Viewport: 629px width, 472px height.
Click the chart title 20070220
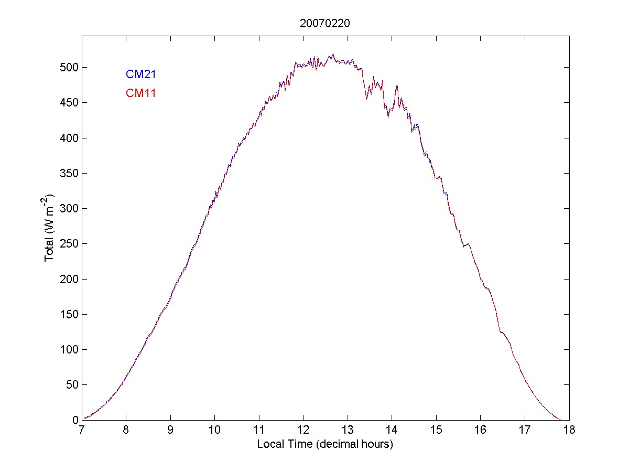325,24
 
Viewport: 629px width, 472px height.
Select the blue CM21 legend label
140,74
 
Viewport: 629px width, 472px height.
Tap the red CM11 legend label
140,93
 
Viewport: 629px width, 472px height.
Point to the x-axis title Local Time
325,444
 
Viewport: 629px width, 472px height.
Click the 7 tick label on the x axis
82,431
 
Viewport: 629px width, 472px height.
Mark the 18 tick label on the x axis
569,431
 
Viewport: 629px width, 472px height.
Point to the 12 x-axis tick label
303,431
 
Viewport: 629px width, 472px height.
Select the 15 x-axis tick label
436,431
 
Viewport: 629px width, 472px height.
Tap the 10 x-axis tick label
214,431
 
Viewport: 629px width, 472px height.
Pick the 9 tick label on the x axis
170,431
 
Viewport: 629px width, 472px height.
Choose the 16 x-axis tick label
481,431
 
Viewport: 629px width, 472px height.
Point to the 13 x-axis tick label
348,431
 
